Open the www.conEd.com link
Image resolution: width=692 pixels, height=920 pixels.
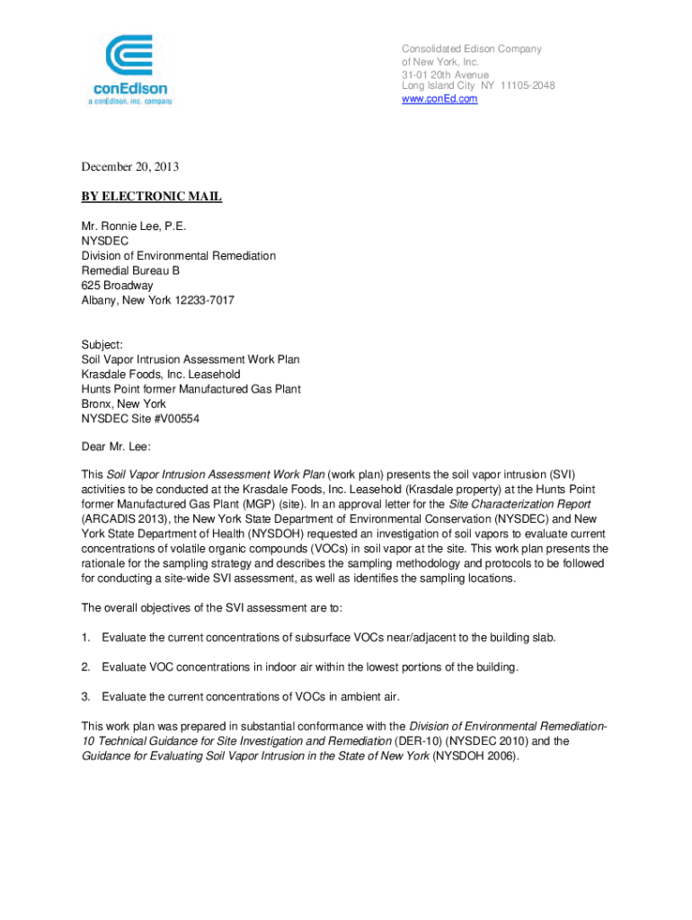coord(439,99)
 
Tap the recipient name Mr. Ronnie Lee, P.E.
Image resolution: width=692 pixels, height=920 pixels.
coord(134,226)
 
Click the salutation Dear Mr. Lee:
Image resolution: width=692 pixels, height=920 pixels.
coord(117,447)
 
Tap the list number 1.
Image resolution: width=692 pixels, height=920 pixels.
coord(86,637)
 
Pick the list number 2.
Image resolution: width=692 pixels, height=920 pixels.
coord(86,667)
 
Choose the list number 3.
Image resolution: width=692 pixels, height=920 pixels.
coord(86,696)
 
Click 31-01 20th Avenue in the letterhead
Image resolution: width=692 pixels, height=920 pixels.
coord(445,74)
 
